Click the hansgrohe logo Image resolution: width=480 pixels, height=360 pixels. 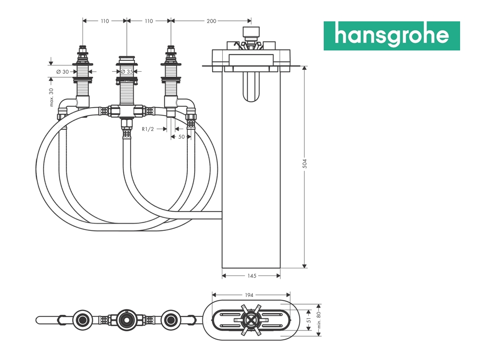point(392,36)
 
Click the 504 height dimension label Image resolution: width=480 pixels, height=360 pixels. point(304,164)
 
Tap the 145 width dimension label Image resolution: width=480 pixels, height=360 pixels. point(251,276)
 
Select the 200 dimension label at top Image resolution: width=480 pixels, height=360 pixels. point(211,21)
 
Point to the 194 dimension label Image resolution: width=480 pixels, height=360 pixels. point(249,295)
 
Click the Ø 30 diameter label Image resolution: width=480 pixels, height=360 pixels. point(63,72)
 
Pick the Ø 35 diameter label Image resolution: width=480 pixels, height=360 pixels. point(127,72)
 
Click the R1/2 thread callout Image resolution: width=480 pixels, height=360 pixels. point(148,129)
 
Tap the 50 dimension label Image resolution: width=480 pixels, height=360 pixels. point(182,137)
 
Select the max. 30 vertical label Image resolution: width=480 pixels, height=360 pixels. point(51,98)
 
